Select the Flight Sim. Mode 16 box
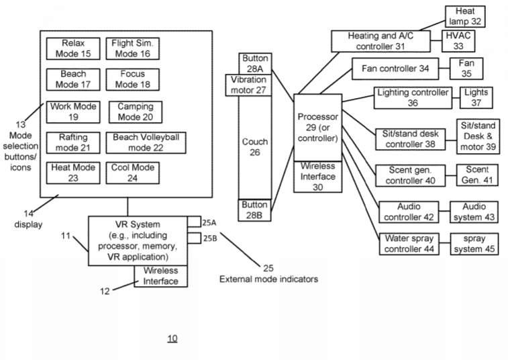click(x=132, y=48)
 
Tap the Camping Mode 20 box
click(x=135, y=111)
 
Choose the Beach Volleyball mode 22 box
click(x=146, y=142)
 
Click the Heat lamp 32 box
click(x=464, y=16)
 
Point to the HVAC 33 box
click(x=460, y=41)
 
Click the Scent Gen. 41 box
click(x=477, y=175)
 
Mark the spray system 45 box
click(x=477, y=244)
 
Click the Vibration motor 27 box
click(x=248, y=85)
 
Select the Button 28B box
click(x=255, y=210)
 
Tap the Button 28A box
click(x=255, y=63)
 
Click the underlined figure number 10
click(x=172, y=338)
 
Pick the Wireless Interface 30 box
click(x=317, y=177)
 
